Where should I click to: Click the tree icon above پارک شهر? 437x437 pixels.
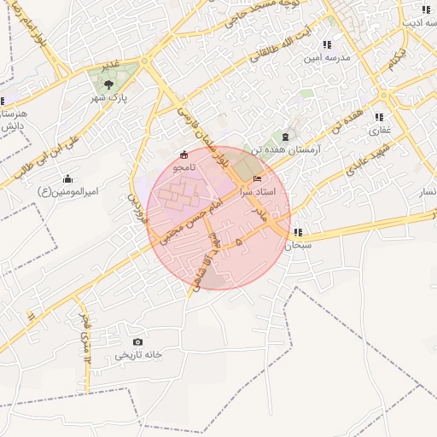pyautogui.click(x=108, y=84)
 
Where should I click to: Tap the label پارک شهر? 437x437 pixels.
pyautogui.click(x=109, y=98)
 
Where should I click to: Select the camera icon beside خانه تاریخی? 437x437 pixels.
pyautogui.click(x=138, y=342)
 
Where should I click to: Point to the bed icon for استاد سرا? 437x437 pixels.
pyautogui.click(x=258, y=179)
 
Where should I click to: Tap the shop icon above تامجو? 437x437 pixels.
pyautogui.click(x=185, y=154)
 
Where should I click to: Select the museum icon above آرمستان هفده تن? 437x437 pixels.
pyautogui.click(x=284, y=137)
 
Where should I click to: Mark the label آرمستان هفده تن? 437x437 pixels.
pyautogui.click(x=285, y=150)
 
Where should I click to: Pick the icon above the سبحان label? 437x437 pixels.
pyautogui.click(x=297, y=232)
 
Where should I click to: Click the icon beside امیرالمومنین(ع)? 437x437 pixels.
pyautogui.click(x=68, y=178)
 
